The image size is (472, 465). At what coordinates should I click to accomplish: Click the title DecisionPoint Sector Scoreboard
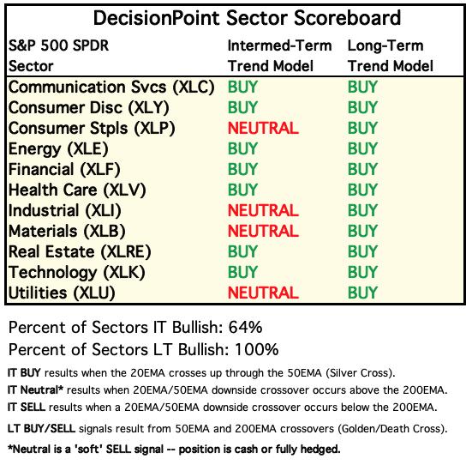248,18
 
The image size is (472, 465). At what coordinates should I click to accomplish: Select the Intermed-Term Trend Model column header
279,56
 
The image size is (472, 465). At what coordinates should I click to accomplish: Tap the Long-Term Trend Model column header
391,56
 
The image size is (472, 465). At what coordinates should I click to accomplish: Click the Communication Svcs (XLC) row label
111,88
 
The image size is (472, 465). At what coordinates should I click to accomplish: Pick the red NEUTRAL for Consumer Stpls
263,128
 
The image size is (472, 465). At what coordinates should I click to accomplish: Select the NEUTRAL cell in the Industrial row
263,210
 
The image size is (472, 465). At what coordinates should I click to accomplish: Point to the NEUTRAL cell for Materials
263,231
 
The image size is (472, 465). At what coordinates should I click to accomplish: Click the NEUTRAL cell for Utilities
263,293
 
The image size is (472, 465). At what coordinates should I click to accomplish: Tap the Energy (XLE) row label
58,149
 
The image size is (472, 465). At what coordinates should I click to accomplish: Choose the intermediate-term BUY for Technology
242,272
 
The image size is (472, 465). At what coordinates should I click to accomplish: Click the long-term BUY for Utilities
362,293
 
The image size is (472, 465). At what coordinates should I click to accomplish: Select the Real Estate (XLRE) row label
80,252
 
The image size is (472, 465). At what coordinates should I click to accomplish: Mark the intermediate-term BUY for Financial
242,169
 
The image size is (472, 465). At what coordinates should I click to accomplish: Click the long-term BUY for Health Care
362,190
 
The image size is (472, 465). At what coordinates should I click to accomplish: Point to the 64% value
245,328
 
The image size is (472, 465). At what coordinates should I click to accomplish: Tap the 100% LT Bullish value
256,350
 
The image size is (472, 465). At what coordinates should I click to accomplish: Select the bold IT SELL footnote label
27,408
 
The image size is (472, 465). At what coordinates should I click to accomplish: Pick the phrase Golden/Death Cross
391,429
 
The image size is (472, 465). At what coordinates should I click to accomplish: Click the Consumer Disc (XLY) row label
89,108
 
